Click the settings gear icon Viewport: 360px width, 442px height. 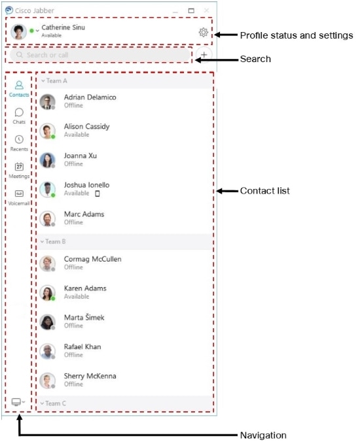coord(203,32)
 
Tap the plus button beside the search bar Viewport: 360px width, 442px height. coord(204,55)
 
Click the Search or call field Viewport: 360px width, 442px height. coord(100,55)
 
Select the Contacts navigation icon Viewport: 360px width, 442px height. coord(19,85)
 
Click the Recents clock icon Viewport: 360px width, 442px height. coord(19,139)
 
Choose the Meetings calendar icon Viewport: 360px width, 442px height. coord(19,166)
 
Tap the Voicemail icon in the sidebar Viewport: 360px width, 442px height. coord(19,194)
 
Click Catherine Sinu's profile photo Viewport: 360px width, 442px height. coord(18,31)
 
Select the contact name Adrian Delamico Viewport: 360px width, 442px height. coord(90,97)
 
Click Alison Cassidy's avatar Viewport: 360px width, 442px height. coord(47,131)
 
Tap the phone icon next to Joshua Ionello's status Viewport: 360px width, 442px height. coord(98,194)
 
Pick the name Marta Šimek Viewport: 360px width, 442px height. coord(84,318)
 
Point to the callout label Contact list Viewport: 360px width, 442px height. coord(265,191)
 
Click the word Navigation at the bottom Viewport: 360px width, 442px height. coord(263,435)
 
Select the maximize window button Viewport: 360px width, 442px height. coord(191,10)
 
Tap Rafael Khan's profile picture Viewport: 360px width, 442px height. coord(47,351)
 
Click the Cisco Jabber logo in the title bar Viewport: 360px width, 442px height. coord(9,10)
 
